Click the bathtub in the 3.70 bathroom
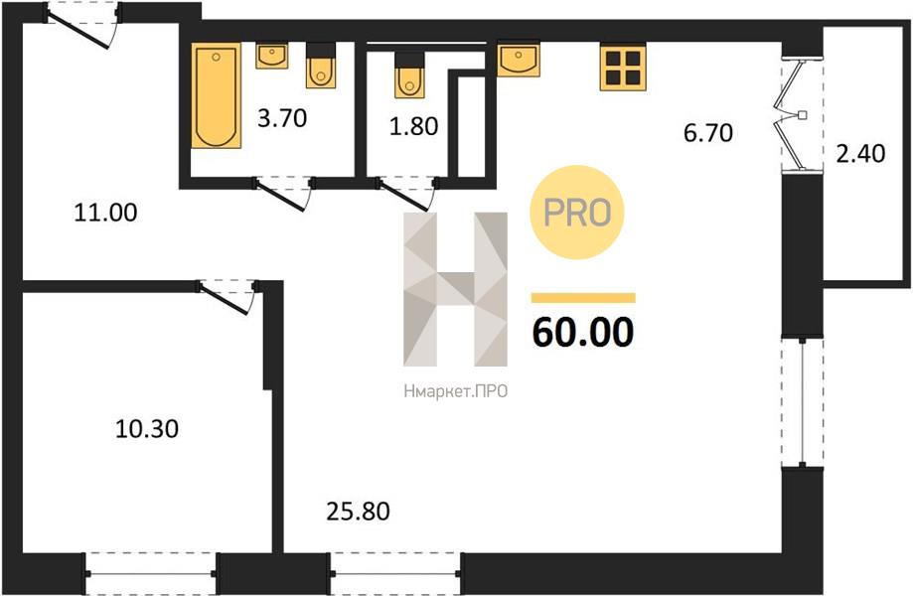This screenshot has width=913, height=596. [216, 95]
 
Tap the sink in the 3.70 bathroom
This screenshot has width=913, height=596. [271, 56]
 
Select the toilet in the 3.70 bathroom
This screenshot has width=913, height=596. [321, 66]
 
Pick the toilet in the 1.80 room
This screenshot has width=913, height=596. [409, 74]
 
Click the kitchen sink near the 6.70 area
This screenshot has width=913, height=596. [519, 59]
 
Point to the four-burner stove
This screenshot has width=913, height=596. [623, 68]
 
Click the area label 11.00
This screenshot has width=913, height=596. [105, 213]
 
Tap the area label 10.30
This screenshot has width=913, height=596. [147, 429]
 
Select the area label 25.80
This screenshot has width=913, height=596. [358, 512]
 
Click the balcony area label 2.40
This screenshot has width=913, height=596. [860, 154]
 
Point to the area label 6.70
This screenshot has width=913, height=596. [708, 133]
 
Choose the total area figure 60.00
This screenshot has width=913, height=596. [583, 333]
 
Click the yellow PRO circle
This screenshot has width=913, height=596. [577, 212]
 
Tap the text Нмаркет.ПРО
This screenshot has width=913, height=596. [455, 391]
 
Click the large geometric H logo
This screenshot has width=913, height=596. [455, 289]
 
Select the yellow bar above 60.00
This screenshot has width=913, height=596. [583, 298]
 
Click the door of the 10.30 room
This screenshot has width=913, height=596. [225, 298]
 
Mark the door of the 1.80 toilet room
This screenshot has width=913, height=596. [404, 195]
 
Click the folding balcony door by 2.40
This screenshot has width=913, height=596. [793, 114]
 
